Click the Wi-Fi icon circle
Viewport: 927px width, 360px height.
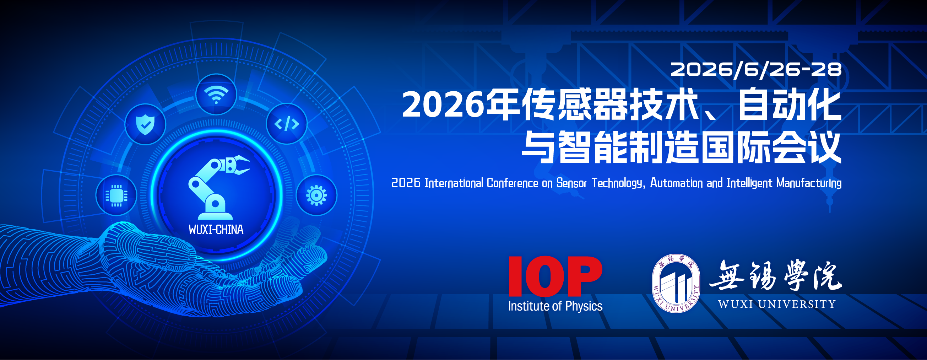(216, 94)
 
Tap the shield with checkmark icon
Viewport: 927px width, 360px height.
(145, 124)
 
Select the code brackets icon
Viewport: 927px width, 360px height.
(287, 124)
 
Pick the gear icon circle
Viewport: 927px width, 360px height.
(316, 195)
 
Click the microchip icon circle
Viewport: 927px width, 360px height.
(116, 195)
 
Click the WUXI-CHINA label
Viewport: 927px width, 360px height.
(216, 229)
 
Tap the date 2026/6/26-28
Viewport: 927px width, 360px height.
(756, 70)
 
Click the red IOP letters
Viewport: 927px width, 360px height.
(555, 276)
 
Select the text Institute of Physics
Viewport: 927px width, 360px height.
(555, 306)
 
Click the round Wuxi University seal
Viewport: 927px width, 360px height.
(676, 283)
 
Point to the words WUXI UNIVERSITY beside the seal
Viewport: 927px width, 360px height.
(777, 304)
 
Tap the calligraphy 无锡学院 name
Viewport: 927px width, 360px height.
(775, 275)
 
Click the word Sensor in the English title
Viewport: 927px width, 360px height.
(571, 183)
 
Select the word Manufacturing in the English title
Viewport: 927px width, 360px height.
(809, 183)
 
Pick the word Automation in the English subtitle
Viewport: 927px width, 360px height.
(676, 183)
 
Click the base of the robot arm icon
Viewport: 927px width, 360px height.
(215, 209)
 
